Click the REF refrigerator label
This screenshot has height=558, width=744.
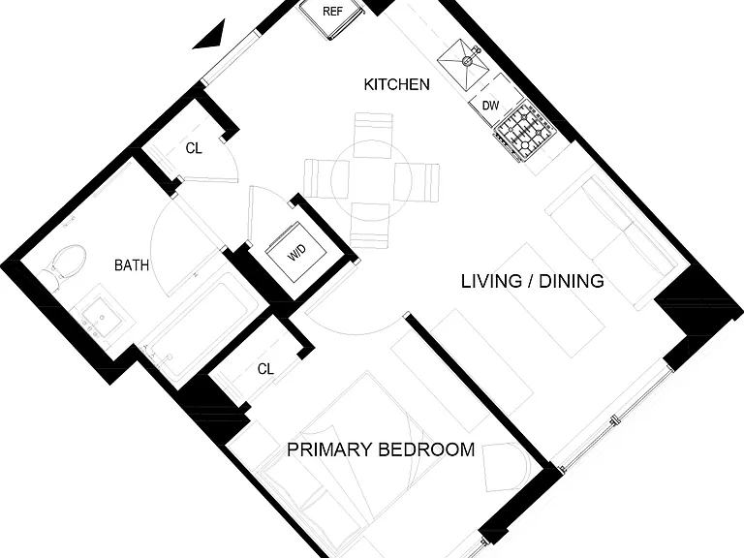coord(332,11)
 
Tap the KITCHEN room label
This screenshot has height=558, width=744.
coord(396,84)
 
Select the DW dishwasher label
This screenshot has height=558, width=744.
coord(490,106)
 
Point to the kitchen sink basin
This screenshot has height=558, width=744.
coord(463,65)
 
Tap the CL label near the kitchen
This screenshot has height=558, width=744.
coord(194,148)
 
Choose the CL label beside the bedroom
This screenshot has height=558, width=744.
coord(265,369)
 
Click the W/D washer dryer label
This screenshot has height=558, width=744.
coord(297,253)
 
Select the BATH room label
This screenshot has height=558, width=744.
coord(132,265)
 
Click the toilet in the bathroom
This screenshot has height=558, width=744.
coord(64,266)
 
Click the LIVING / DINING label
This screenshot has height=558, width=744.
coord(533,281)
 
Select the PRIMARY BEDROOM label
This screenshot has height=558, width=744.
coord(381,449)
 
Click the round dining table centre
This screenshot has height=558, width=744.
coord(372,182)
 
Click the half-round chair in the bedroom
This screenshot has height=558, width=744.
coord(505,464)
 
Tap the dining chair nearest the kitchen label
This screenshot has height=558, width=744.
coord(373,136)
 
